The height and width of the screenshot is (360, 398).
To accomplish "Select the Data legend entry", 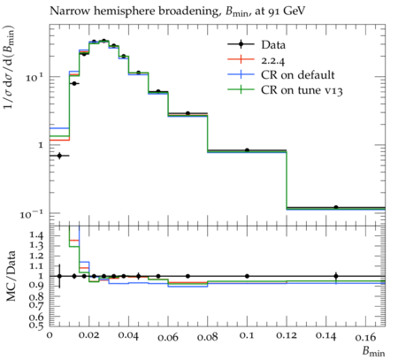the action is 256,45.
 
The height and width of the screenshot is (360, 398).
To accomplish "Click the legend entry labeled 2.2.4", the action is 256,60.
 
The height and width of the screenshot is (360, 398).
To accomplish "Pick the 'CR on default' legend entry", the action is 281,75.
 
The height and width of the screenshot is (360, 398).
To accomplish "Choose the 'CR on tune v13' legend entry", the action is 285,90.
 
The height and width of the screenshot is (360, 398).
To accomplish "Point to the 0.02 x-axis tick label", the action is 89,335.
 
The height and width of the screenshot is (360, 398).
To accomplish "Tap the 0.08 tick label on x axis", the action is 208,336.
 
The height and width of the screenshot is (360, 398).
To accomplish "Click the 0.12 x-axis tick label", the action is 287,335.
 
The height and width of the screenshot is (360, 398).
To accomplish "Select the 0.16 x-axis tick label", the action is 365,336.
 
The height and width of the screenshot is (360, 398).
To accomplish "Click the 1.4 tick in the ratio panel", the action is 36,235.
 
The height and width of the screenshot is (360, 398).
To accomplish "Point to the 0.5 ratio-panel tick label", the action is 36,325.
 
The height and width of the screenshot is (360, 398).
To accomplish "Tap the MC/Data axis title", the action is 11,276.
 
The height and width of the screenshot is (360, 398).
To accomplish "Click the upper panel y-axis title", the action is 9,67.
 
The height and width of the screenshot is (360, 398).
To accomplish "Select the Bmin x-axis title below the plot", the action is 373,351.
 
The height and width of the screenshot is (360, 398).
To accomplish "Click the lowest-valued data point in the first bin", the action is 59,156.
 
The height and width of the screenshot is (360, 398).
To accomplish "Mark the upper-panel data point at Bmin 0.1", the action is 247,150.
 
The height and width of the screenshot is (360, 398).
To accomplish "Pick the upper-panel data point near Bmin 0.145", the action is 336,207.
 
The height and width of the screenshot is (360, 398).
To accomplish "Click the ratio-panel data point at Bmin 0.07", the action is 188,276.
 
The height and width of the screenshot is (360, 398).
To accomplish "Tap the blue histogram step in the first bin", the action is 59,128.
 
